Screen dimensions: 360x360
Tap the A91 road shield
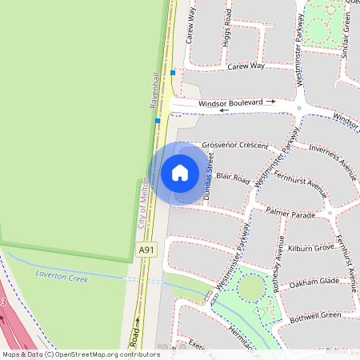[x=146, y=250]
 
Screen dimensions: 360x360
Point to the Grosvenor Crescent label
[x=235, y=146]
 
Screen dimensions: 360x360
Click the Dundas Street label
[x=210, y=183]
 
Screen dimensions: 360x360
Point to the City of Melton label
[x=142, y=204]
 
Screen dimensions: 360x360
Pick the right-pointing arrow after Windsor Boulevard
[x=271, y=102]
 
